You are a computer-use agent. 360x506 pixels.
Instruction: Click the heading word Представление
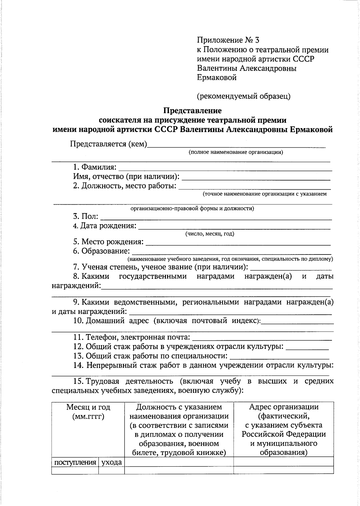(x=192, y=111)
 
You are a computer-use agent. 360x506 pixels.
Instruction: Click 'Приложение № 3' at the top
(x=228, y=40)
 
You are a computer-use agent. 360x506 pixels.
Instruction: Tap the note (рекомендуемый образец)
(x=244, y=96)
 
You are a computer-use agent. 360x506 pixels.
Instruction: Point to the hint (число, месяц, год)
(x=210, y=234)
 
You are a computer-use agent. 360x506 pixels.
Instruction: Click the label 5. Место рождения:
(x=108, y=242)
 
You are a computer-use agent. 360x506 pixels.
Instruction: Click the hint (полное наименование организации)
(x=236, y=152)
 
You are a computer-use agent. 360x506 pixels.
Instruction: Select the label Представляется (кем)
(x=109, y=144)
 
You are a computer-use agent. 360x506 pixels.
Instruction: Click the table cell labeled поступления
(x=75, y=462)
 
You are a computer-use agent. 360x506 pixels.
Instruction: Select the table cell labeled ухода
(x=112, y=462)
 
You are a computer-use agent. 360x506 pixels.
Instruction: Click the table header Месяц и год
(x=88, y=407)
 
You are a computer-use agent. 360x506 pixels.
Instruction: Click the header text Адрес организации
(x=283, y=407)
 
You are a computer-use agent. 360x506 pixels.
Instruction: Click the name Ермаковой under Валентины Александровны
(x=217, y=78)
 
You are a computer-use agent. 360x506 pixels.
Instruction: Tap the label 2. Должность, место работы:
(x=124, y=186)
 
